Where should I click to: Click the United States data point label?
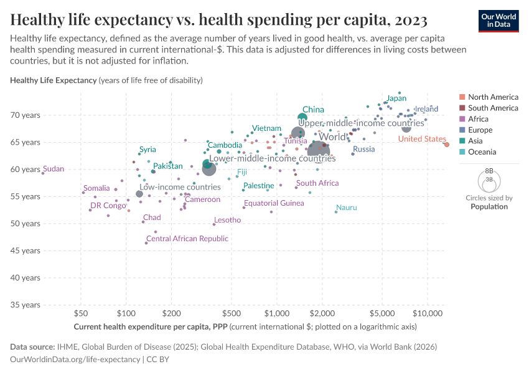pos(423,139)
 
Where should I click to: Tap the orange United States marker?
pos(446,145)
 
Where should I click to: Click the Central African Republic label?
pos(187,239)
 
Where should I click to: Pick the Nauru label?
pos(346,208)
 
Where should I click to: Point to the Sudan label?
pos(54,169)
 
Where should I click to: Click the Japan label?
pos(396,98)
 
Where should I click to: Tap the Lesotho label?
pos(227,220)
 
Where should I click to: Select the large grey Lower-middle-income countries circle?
pos(209,169)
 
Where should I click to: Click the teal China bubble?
pos(302,117)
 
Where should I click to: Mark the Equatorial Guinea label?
pos(274,203)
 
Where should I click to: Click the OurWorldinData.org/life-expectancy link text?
pos(75,360)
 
